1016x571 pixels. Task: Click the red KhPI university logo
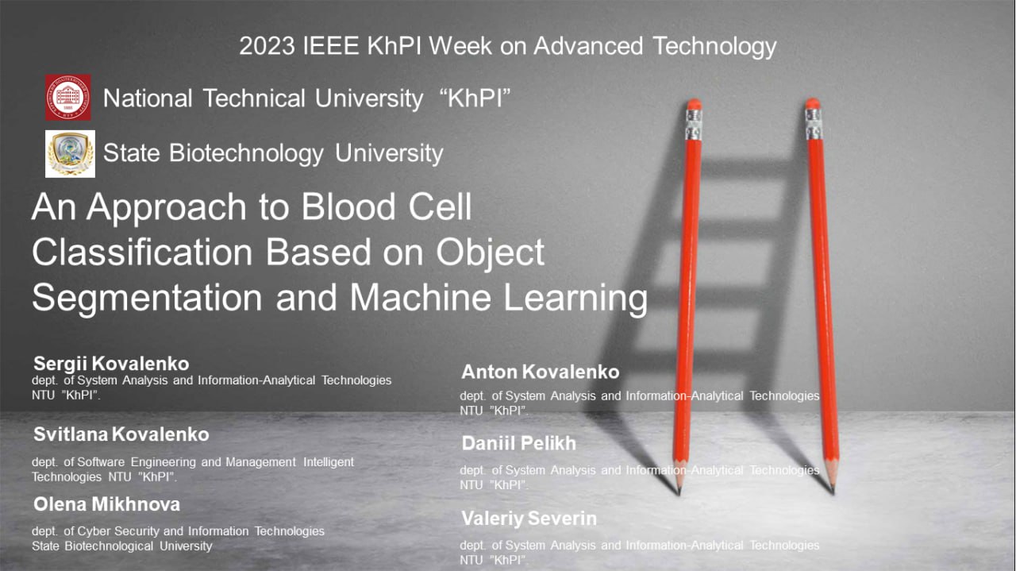click(68, 97)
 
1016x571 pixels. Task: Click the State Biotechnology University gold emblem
click(70, 154)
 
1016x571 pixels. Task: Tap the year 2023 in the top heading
click(267, 46)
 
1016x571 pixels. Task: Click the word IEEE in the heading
click(331, 46)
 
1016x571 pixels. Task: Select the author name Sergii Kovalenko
click(111, 364)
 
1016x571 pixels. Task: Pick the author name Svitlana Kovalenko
click(121, 434)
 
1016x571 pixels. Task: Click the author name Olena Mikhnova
click(106, 504)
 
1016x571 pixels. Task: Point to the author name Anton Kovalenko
click(541, 372)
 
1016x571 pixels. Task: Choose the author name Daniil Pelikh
click(519, 443)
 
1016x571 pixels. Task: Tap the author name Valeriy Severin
click(529, 519)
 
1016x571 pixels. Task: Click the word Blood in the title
click(348, 206)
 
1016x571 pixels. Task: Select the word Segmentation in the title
click(147, 298)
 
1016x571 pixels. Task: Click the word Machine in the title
click(421, 297)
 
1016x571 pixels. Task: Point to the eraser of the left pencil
click(694, 104)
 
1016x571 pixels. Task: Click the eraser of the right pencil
click(812, 103)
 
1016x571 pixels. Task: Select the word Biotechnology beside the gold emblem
click(246, 153)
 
